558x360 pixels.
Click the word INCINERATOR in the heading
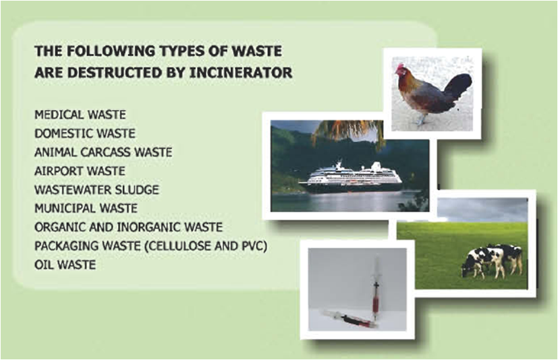(241, 73)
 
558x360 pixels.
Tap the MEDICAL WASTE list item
(80, 115)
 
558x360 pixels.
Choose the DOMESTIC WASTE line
(85, 133)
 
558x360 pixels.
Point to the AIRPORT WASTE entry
(80, 171)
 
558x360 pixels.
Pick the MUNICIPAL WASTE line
(86, 208)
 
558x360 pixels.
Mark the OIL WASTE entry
(65, 265)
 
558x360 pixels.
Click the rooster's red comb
(399, 67)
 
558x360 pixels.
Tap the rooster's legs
(422, 118)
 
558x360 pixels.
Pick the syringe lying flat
(349, 319)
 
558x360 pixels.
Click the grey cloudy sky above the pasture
(482, 210)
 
